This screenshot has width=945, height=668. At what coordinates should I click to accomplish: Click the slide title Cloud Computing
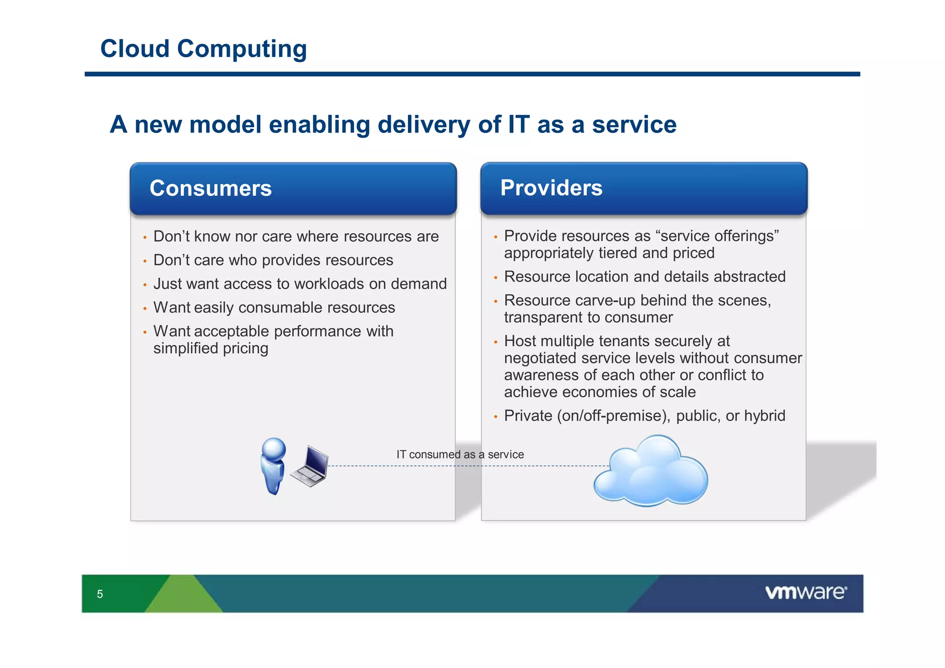pyautogui.click(x=203, y=49)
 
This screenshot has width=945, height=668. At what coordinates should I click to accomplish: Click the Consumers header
pyautogui.click(x=211, y=188)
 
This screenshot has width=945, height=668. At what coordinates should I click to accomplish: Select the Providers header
pyautogui.click(x=551, y=188)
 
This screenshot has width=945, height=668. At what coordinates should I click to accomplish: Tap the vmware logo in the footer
pyautogui.click(x=806, y=592)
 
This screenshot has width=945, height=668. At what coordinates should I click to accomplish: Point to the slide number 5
pyautogui.click(x=100, y=594)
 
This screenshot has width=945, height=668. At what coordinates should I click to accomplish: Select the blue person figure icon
pyautogui.click(x=273, y=465)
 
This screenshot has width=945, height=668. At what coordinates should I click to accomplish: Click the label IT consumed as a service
pyautogui.click(x=460, y=454)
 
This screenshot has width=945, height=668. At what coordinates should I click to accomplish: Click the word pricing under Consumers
pyautogui.click(x=245, y=349)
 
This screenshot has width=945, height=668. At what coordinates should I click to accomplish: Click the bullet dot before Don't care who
pyautogui.click(x=145, y=261)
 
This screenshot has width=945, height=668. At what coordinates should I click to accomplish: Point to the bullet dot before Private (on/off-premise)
pyautogui.click(x=496, y=417)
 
